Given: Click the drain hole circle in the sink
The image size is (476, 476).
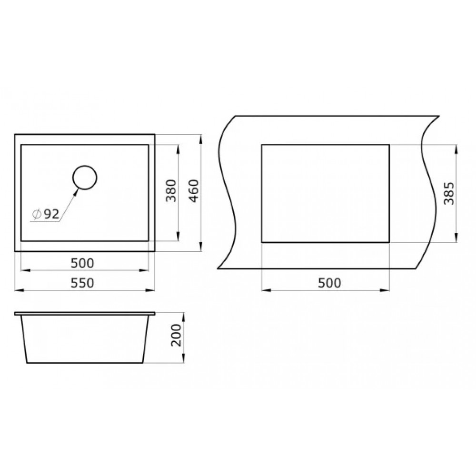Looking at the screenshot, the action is coord(85,166).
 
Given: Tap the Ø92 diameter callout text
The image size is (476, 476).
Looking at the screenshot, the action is coord(46,214).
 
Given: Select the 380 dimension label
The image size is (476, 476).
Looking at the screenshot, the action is coord(171,191).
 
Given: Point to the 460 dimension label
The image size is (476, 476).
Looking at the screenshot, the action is coord(194,191).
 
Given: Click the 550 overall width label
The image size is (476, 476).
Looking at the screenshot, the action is coord(82,283).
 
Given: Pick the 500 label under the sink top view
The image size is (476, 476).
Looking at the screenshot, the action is coord(82,263).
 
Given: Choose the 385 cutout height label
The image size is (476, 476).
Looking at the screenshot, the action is coord(449,193).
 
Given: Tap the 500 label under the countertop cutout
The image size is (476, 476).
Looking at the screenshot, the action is coord(329,283).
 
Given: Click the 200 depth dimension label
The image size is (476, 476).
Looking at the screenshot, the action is coord(176,335).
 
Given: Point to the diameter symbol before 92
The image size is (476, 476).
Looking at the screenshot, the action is coord(37,214).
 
